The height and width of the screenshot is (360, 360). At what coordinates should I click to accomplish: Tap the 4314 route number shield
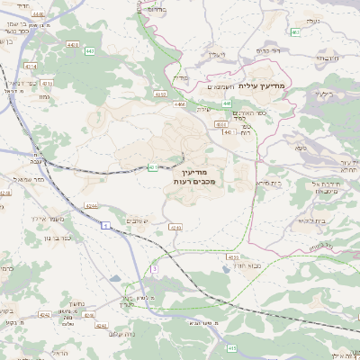pos(31,66)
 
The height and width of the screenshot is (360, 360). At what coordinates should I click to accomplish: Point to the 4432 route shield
pos(161,94)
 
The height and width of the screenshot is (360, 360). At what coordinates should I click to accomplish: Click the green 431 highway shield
pos(154,166)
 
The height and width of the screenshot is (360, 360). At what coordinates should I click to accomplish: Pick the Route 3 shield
pos(154,267)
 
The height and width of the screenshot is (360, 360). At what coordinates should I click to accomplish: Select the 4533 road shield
pos(233,256)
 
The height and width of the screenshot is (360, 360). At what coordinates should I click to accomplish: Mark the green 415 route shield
pos(232,347)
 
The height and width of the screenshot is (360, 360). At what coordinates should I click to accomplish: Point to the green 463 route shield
pos(296,32)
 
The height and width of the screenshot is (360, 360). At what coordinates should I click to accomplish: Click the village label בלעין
pos(324,93)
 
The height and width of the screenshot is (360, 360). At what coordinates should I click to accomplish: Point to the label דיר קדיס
pos(271,50)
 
